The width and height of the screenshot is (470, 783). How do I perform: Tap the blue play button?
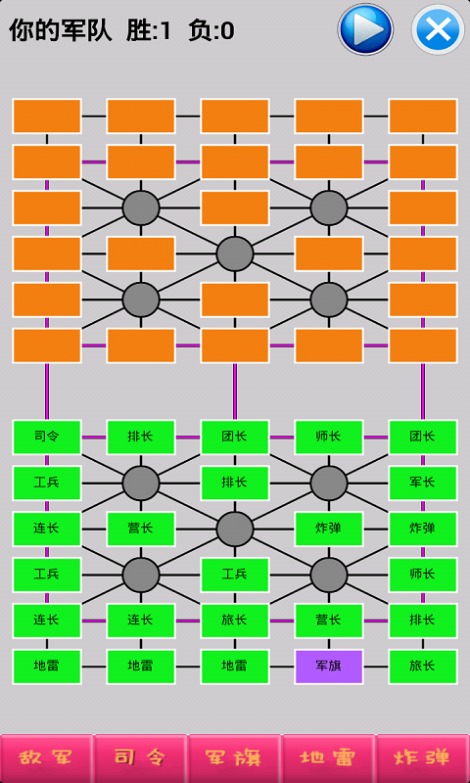pyautogui.click(x=365, y=29)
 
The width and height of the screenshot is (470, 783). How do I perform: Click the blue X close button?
pyautogui.click(x=438, y=29)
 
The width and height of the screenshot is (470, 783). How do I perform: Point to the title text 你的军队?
pyautogui.click(x=60, y=30)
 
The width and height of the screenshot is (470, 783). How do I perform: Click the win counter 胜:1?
pyautogui.click(x=148, y=30)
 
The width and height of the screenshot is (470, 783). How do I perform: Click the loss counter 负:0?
pyautogui.click(x=211, y=30)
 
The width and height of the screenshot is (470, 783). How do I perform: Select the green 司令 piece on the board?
pyautogui.click(x=47, y=437)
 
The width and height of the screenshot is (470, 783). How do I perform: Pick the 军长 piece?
pyautogui.click(x=423, y=483)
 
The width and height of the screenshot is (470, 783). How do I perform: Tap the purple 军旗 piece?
pyautogui.click(x=329, y=667)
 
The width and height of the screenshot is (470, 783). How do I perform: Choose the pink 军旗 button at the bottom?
pyautogui.click(x=235, y=758)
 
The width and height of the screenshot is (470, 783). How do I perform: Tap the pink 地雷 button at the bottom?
pyautogui.click(x=328, y=758)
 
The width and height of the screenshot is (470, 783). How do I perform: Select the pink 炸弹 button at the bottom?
pyautogui.click(x=423, y=758)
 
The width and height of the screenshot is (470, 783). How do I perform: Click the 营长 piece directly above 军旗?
pyautogui.click(x=329, y=621)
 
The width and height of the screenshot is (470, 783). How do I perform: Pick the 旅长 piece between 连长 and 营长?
pyautogui.click(x=235, y=621)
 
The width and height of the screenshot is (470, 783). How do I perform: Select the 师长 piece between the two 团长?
pyautogui.click(x=329, y=437)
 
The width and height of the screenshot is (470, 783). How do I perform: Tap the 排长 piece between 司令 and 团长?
pyautogui.click(x=141, y=437)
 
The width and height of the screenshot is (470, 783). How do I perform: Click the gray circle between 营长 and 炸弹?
pyautogui.click(x=235, y=529)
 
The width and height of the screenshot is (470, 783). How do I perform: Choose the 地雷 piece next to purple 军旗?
pyautogui.click(x=235, y=667)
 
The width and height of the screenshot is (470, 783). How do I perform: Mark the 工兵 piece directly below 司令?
pyautogui.click(x=47, y=483)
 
